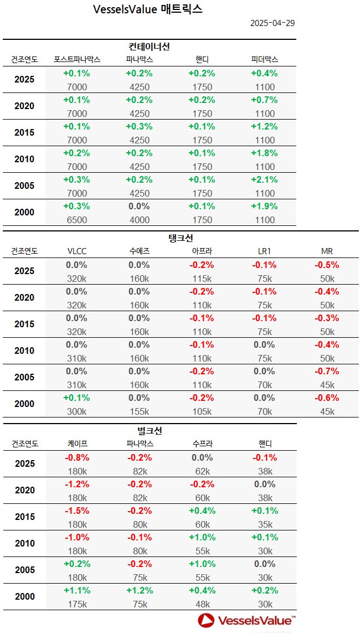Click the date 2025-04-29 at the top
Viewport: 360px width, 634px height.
[272, 23]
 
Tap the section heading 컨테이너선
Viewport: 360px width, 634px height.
[149, 47]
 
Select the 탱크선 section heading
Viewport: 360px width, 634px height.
[181, 238]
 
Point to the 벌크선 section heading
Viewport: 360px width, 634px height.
[150, 430]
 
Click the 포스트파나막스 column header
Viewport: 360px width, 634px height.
[77, 59]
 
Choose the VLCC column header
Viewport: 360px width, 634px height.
[76, 251]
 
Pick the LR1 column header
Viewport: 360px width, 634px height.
[264, 251]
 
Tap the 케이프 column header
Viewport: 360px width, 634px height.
[77, 444]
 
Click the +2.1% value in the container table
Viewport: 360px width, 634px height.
[264, 180]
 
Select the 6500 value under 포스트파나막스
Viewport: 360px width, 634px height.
[76, 220]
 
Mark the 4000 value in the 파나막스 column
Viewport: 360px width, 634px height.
[139, 220]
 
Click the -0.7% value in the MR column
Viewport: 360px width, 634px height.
[327, 372]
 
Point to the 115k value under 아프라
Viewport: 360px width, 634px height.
[202, 279]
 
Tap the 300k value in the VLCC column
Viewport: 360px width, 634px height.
[76, 411]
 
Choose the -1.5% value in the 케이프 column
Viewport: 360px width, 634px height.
[76, 511]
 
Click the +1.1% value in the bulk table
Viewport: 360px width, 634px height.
[76, 590]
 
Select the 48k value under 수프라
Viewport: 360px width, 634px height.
[202, 604]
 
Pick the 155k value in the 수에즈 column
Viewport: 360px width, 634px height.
[139, 411]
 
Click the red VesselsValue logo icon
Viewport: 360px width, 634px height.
[206, 620]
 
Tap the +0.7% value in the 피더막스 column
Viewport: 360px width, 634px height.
[264, 100]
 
